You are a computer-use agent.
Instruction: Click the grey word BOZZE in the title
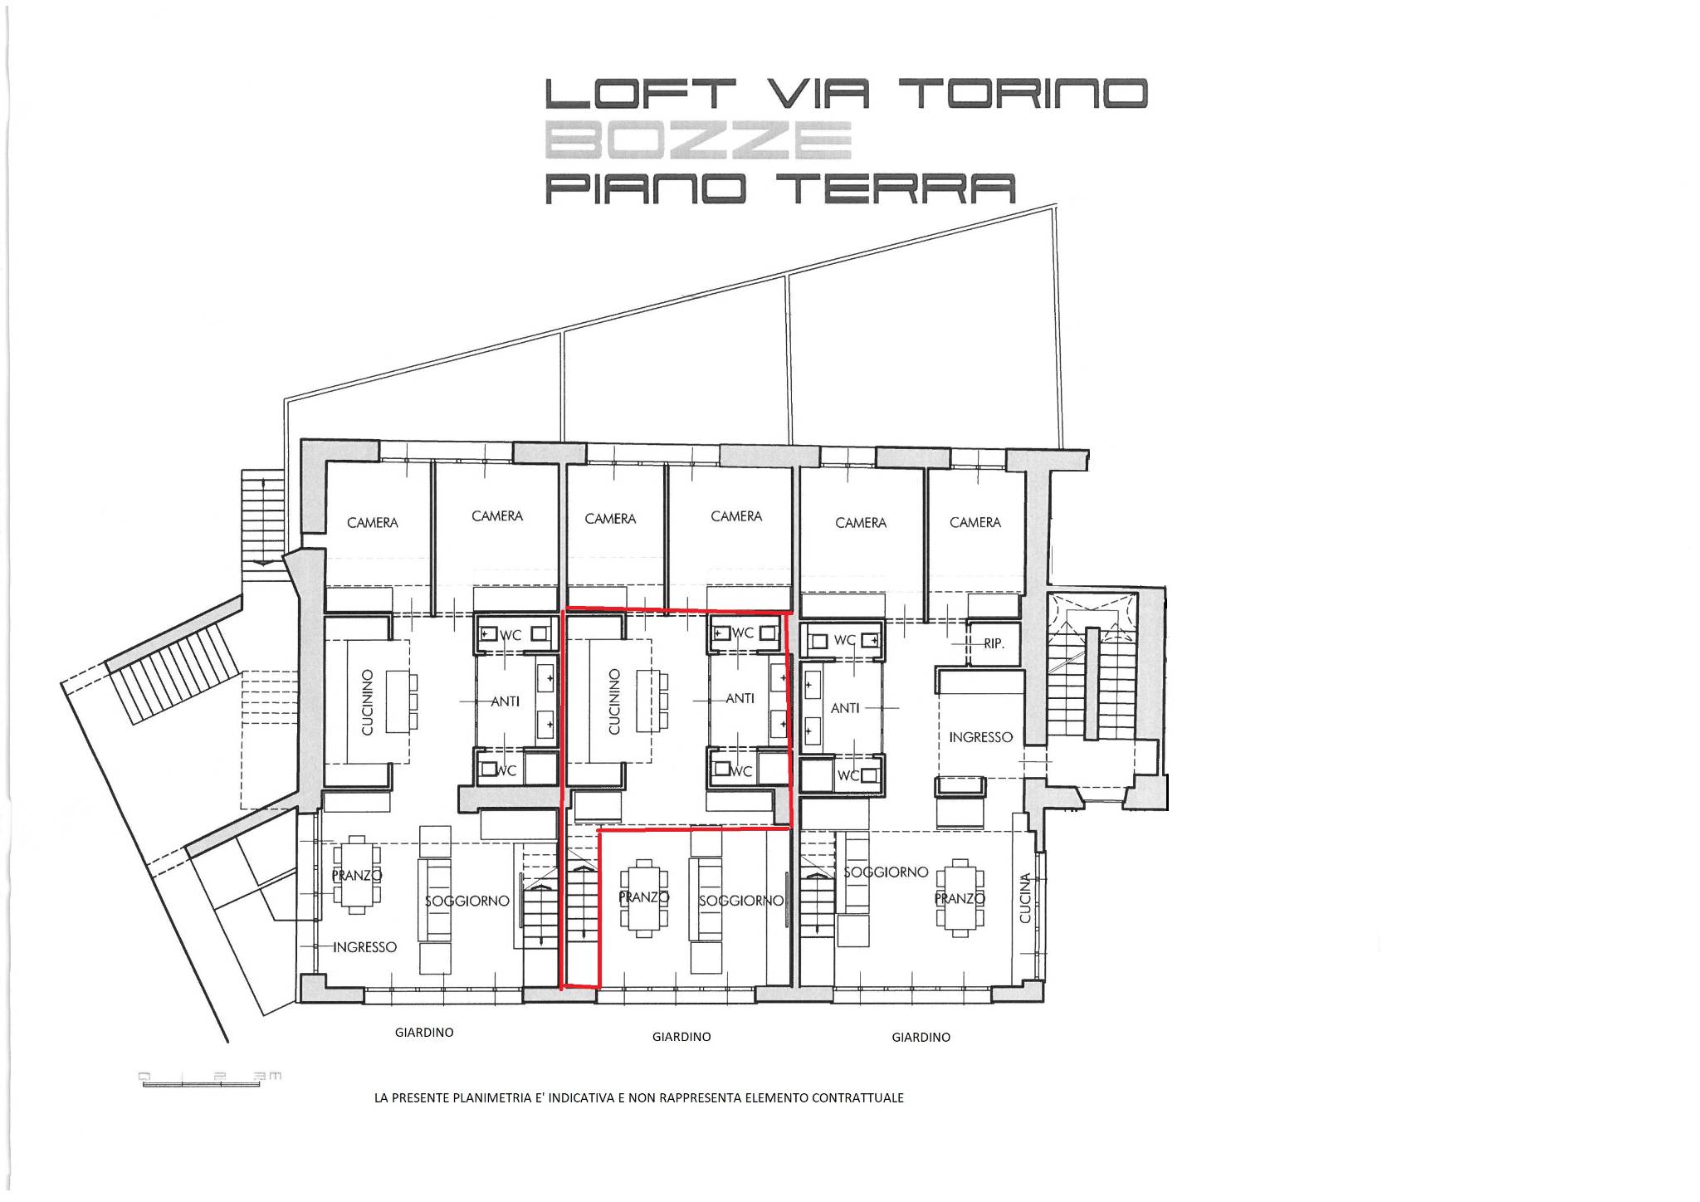click(698, 140)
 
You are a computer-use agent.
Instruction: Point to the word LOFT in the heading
click(640, 94)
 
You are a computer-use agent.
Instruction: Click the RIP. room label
click(994, 643)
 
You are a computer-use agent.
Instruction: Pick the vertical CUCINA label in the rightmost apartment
click(1025, 897)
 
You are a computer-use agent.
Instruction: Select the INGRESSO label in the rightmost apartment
click(980, 737)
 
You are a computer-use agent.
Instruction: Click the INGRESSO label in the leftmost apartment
click(364, 947)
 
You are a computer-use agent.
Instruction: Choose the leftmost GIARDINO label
click(424, 1033)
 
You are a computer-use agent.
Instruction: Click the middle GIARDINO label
click(681, 1037)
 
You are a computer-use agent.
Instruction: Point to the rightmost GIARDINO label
click(921, 1037)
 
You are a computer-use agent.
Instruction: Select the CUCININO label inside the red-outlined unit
click(614, 702)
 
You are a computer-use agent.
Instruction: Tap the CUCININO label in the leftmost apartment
click(368, 702)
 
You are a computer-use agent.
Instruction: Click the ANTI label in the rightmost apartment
click(845, 708)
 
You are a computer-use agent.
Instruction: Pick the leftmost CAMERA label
click(373, 523)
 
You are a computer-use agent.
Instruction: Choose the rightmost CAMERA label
click(975, 522)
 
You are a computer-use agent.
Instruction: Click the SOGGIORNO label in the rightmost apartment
click(886, 872)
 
